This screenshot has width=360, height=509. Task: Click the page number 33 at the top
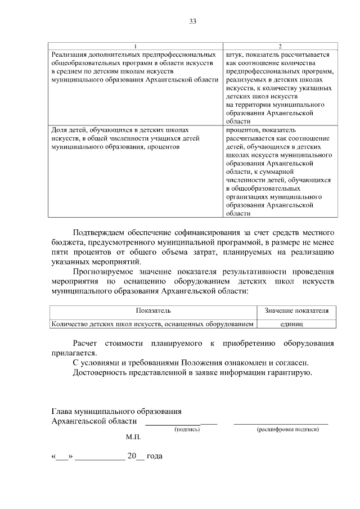(192, 21)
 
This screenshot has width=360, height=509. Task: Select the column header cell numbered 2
(280, 46)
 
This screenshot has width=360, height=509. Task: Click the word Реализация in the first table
(68, 55)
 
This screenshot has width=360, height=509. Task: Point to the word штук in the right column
(233, 55)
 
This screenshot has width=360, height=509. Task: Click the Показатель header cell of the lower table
(153, 310)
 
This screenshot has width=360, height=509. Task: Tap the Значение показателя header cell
(296, 310)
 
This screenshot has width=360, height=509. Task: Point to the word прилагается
(73, 353)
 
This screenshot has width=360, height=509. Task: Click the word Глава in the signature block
(61, 412)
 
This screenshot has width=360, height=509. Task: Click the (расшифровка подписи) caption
(288, 429)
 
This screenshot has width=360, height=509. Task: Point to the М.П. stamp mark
(133, 436)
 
